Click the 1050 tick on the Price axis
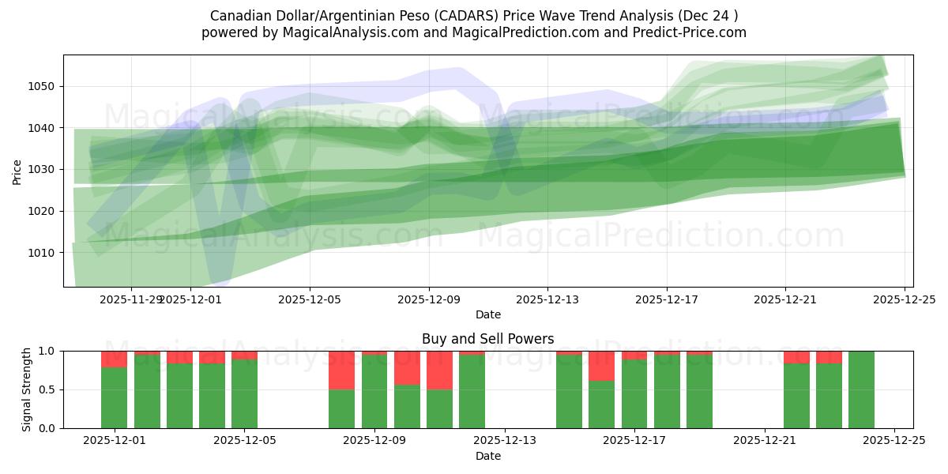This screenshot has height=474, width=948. tap(43, 86)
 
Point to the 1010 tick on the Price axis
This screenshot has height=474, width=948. tap(43, 253)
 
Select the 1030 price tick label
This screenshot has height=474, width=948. tap(43, 169)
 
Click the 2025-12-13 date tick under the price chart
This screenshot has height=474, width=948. tap(547, 300)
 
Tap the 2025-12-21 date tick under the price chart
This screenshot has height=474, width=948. tap(785, 300)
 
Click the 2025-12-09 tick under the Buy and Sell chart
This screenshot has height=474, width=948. tap(374, 441)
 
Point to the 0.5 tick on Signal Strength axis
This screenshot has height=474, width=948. tap(47, 389)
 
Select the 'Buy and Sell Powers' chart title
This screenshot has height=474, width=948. tap(487, 339)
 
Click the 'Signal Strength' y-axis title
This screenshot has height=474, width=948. tap(26, 389)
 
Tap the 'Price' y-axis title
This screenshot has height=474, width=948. tap(17, 171)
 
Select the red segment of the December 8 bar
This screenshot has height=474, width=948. tap(341, 370)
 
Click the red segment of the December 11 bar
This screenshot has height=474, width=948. tap(439, 370)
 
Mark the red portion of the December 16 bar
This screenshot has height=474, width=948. tap(602, 366)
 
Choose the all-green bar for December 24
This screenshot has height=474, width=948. tap(861, 389)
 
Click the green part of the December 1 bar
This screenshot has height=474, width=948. tap(114, 398)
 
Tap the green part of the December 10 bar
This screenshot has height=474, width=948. tap(407, 407)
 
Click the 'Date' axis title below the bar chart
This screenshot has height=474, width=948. tap(487, 456)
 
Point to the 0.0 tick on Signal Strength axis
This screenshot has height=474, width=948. tap(47, 428)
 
